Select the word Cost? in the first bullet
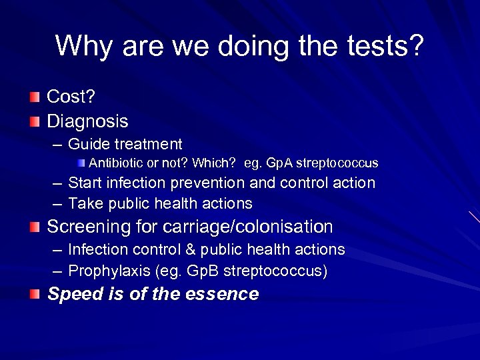[x=71, y=97]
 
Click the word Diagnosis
[x=87, y=121]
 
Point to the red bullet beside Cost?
[x=35, y=97]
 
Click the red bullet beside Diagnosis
[x=35, y=121]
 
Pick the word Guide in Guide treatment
[x=89, y=144]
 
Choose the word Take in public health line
[x=85, y=203]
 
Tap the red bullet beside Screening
[x=35, y=227]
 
